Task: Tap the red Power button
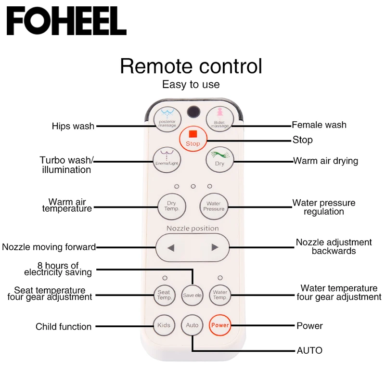220,325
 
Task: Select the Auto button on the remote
192,325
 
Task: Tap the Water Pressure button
213,206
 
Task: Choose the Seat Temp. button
164,295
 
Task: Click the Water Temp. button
220,295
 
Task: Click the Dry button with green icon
219,158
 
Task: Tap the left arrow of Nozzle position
170,248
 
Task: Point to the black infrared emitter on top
193,111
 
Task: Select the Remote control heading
191,66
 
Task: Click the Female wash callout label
319,125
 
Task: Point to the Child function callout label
64,327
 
